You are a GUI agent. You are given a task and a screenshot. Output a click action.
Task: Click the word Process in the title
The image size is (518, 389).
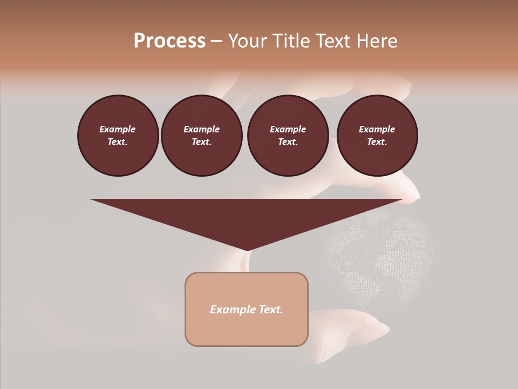pos(169,41)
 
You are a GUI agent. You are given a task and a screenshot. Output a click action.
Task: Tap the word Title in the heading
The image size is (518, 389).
pos(291,41)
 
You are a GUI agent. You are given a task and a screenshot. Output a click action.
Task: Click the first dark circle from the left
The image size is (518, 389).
pos(118,135)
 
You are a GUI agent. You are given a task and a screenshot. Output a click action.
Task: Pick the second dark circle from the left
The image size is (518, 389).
pos(201,135)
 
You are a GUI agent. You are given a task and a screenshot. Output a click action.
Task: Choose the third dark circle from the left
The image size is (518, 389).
pos(288,135)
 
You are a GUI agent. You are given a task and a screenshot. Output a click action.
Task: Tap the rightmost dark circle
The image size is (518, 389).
pos(377,135)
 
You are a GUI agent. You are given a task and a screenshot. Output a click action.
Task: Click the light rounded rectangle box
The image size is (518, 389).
pos(247,309)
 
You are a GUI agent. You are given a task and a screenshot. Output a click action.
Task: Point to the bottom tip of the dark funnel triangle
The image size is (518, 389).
pos(247,250)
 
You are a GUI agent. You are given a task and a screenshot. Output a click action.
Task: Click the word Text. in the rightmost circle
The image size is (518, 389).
pos(377,142)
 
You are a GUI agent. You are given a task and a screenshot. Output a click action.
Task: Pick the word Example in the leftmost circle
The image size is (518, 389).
pos(118,129)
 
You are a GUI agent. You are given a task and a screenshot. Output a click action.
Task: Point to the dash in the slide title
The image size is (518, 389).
pos(216,41)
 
